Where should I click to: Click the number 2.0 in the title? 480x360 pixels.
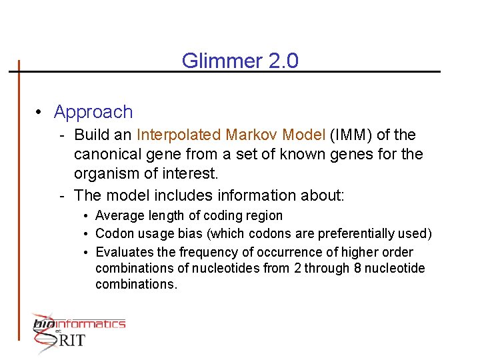pos(283,61)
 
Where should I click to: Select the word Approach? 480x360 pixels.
pos(93,112)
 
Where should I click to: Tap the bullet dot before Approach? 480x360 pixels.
pos(41,112)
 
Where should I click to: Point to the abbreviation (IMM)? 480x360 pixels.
pos(351,135)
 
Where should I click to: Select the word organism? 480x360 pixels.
pos(105,175)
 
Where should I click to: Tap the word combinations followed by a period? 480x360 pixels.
pos(136,285)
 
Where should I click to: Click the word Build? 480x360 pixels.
pos(93,135)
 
